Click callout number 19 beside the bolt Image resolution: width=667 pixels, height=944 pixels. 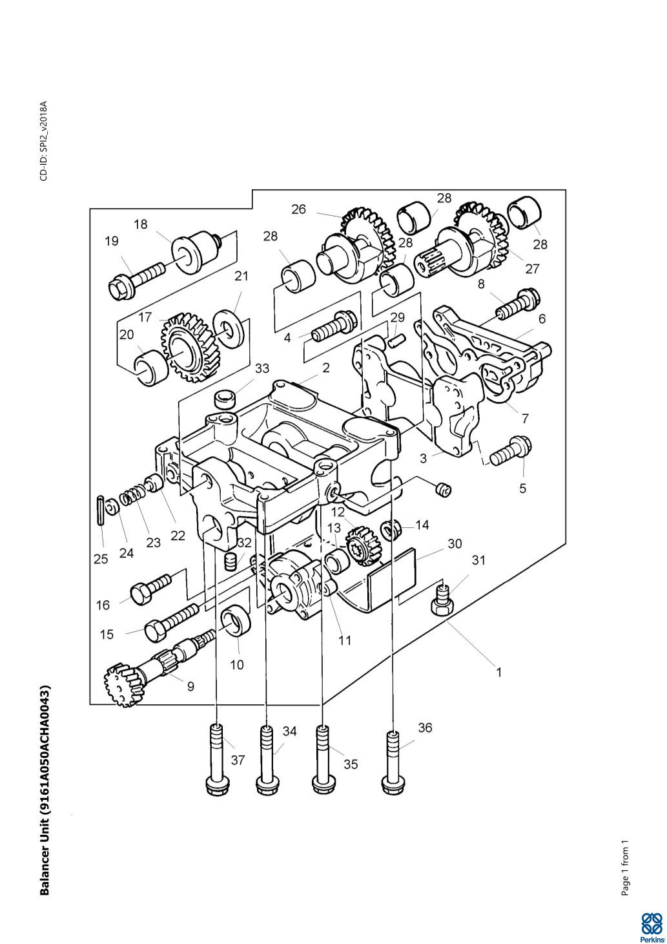coord(112,241)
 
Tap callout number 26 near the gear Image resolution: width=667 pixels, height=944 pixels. coord(298,209)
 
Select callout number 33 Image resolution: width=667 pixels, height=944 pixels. coord(262,368)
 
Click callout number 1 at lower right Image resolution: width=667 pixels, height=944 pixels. coord(499,672)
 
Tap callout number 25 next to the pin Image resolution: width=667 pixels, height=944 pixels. coord(101,560)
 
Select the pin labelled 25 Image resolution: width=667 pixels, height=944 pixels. coord(100,510)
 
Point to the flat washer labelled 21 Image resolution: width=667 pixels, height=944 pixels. coord(230,328)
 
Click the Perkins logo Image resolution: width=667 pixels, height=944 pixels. coord(652,927)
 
